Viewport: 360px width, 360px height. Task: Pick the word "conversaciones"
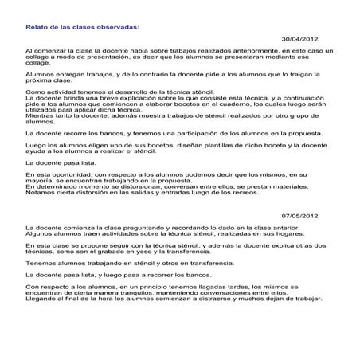(x=226, y=292)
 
